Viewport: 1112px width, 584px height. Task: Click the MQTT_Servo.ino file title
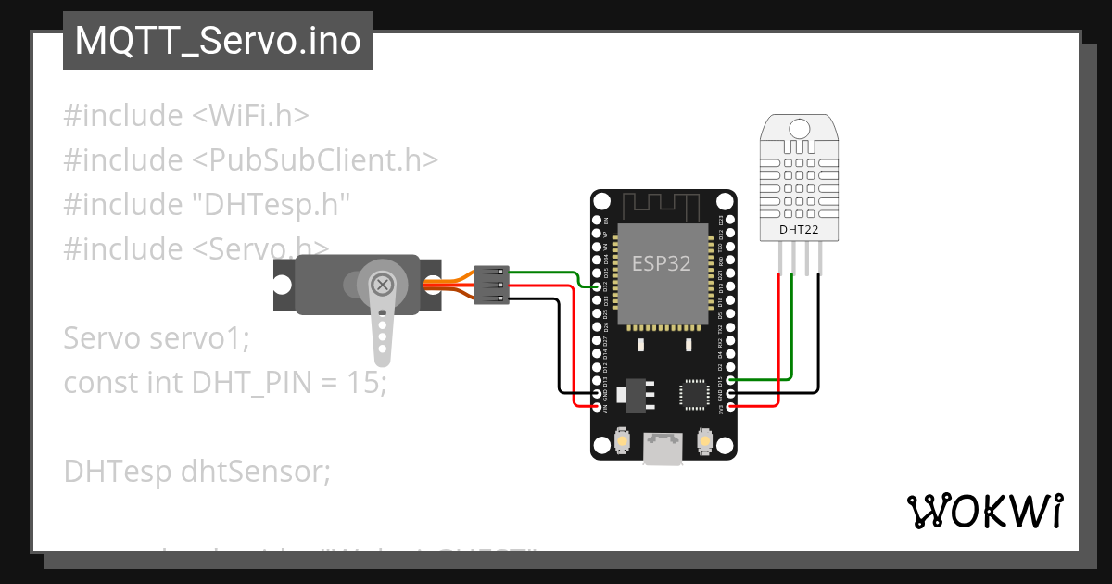217,42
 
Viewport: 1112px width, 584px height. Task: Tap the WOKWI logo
983,511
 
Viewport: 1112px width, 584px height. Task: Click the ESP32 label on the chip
661,263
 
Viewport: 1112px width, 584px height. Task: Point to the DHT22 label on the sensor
799,230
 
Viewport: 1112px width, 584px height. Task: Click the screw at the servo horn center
380,286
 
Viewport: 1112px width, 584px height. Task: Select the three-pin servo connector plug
491,286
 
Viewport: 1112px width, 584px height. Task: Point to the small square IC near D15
694,394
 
